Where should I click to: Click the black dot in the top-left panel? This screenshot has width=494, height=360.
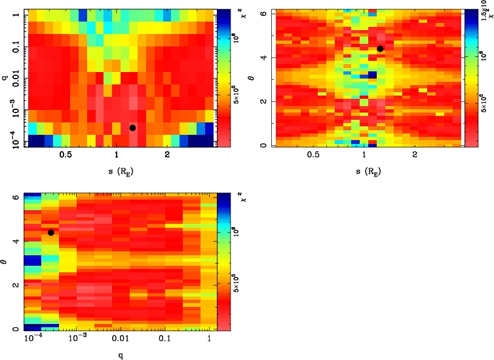coord(132,128)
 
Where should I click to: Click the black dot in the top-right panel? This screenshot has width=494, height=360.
coord(380,48)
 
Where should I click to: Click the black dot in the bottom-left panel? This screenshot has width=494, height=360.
coord(50,232)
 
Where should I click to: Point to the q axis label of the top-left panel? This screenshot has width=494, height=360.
coord(5,77)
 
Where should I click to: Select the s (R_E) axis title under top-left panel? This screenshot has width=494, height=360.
coord(116,172)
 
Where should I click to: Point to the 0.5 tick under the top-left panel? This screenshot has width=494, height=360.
coord(66,156)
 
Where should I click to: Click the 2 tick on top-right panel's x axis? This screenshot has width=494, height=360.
coord(415,156)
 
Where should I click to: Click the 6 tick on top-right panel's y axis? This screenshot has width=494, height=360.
coord(262,12)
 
